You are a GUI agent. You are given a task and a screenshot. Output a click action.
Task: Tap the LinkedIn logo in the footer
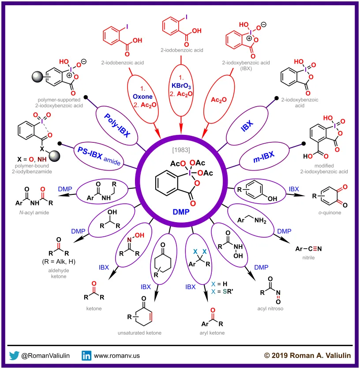coord(86,355)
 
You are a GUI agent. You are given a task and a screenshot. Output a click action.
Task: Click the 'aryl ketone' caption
coord(211,332)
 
